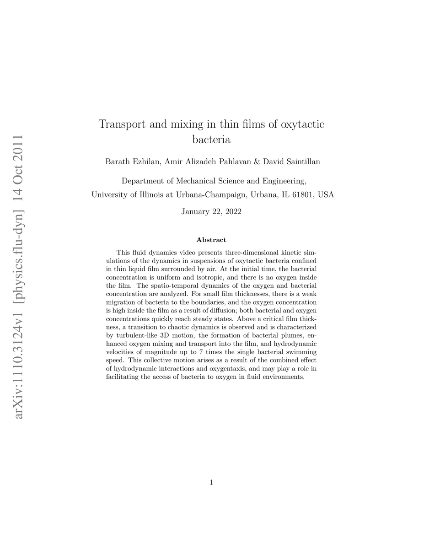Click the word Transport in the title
(123, 124)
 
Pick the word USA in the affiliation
(326, 195)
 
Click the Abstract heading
(211, 240)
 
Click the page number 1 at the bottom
(211, 482)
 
